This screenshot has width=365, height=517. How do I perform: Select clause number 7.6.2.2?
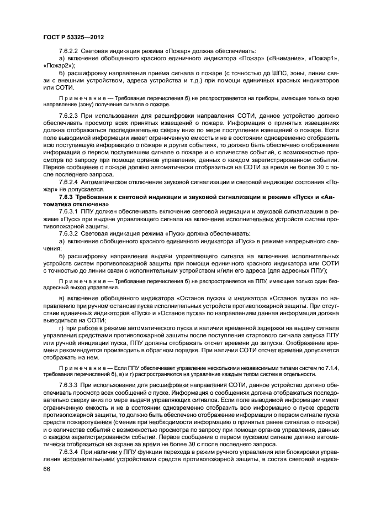(70, 50)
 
